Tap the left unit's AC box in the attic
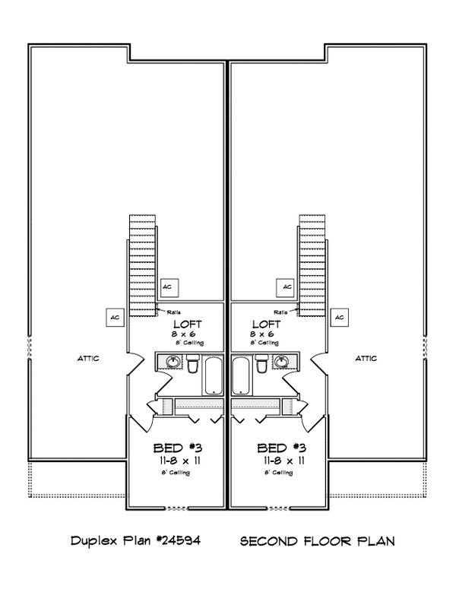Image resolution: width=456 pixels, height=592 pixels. (x=115, y=316)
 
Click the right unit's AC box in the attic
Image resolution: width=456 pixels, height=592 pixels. (x=340, y=316)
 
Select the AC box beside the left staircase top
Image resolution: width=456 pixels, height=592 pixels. (x=169, y=287)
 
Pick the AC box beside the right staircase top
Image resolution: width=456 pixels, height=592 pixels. (x=287, y=287)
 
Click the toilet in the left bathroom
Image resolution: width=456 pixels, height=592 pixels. (x=193, y=366)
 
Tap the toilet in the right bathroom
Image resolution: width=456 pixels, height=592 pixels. (x=262, y=366)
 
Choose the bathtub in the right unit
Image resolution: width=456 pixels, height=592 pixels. (x=241, y=375)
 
